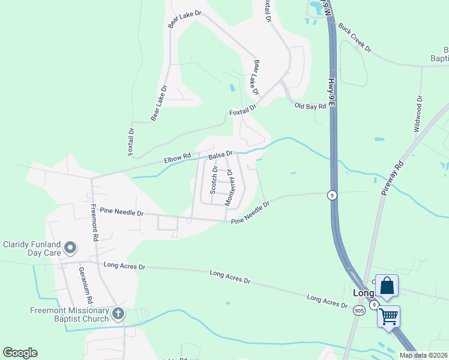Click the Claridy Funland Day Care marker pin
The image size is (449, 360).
70,247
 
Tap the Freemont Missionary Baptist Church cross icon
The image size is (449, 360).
118,313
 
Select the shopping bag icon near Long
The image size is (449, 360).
387,286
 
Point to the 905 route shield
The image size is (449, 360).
359,310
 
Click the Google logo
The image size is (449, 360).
20,353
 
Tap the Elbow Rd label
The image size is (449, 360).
177,160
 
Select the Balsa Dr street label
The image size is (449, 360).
220,155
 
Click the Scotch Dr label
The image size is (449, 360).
213,179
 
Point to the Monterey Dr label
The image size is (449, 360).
229,188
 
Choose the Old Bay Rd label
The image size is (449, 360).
310,106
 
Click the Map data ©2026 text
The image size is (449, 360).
424,355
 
